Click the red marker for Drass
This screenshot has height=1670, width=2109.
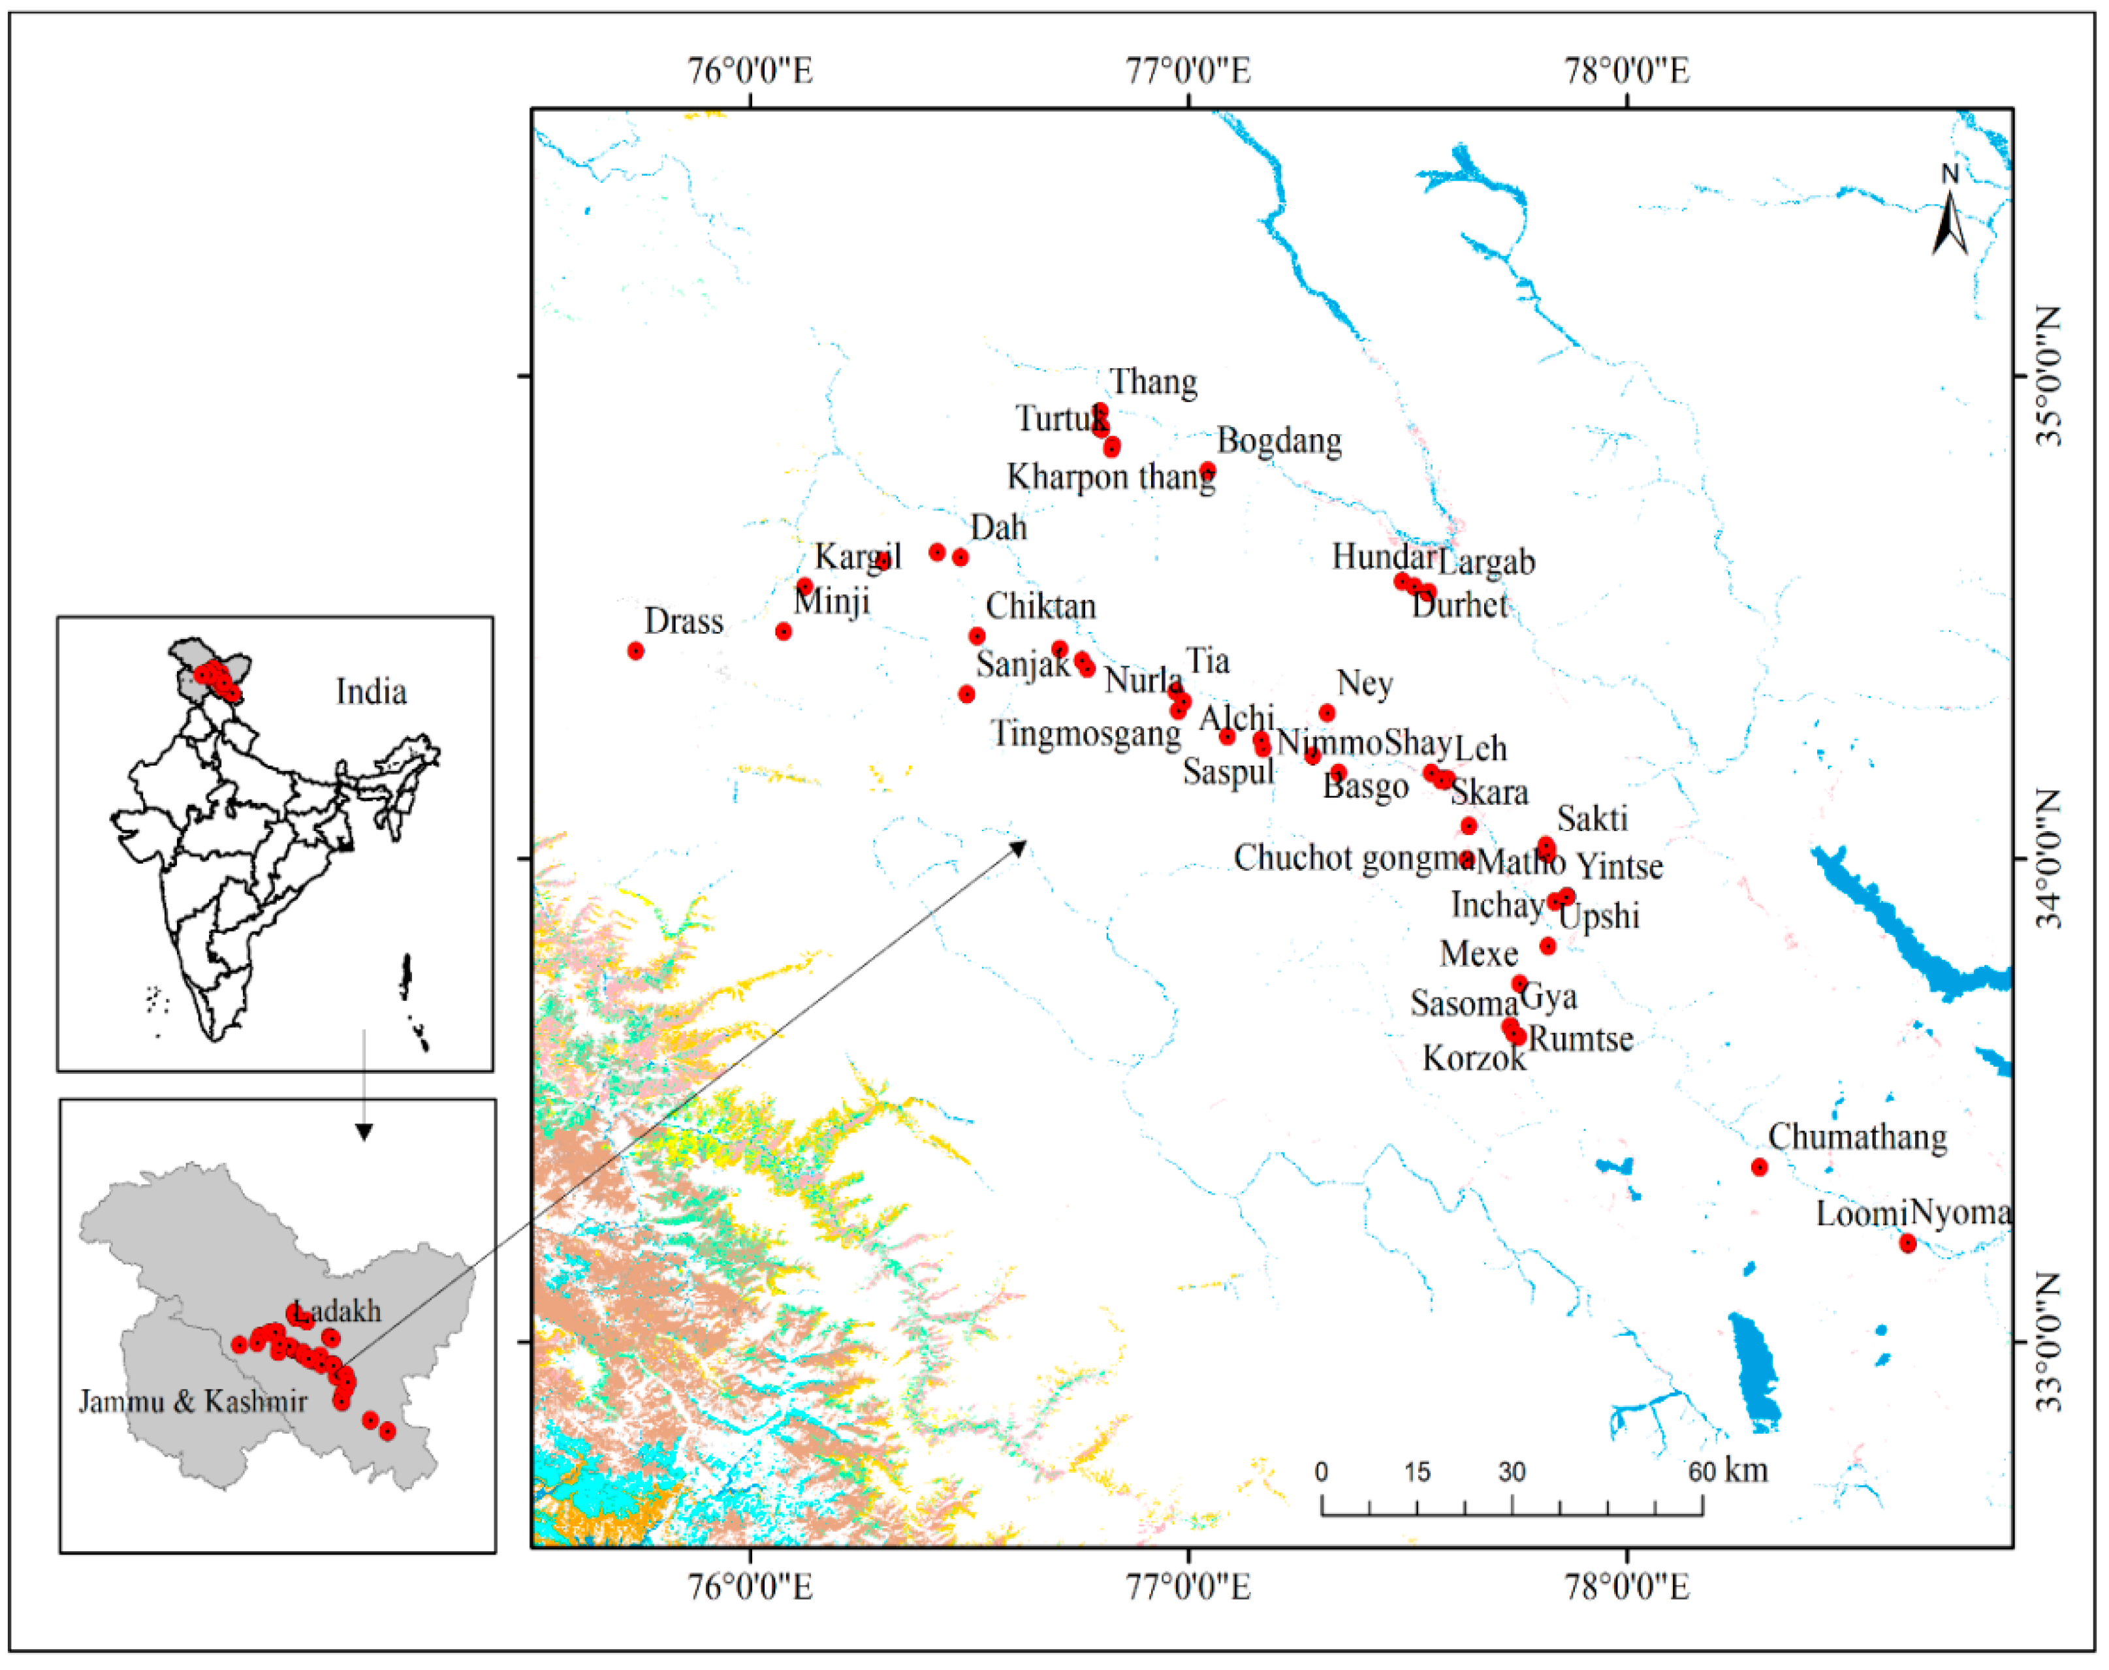click(635, 651)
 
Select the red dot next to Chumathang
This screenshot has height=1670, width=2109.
click(1759, 1167)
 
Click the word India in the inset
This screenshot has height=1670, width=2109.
click(371, 692)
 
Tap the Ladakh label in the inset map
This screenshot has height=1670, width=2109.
click(338, 1311)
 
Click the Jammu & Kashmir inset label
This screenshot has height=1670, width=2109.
click(193, 1401)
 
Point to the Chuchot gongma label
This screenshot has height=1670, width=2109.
click(1353, 857)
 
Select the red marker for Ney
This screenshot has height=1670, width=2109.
click(1327, 713)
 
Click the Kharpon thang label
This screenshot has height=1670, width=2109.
click(1111, 477)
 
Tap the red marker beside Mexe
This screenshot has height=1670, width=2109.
click(1547, 945)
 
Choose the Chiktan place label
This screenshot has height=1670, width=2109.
click(1040, 607)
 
